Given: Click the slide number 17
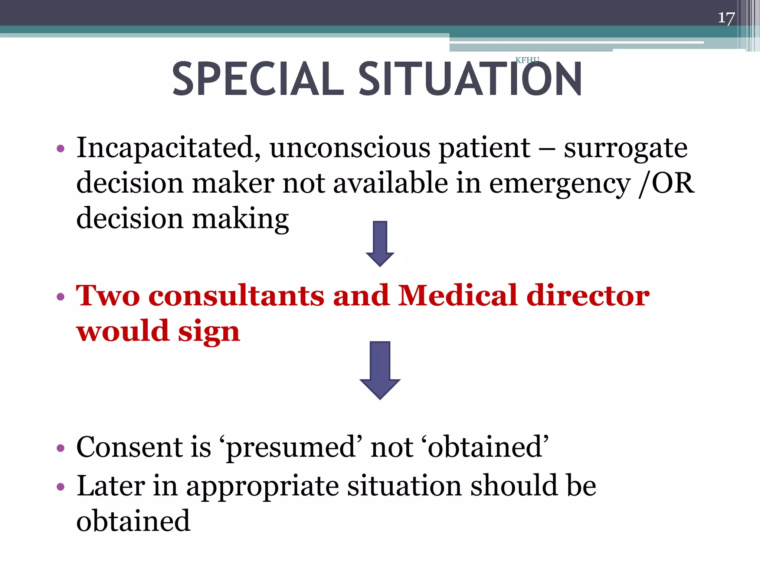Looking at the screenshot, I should coord(726,18).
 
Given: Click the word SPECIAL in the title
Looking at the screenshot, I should coord(258,79).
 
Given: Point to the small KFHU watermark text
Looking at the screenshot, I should coord(527,60).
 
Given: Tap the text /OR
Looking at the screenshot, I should coord(666,183).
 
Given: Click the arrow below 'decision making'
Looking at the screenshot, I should coord(380,243).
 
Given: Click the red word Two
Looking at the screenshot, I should coord(108,296).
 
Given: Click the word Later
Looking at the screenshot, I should coord(111,486).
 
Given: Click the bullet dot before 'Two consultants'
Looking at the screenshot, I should coord(60,297).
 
